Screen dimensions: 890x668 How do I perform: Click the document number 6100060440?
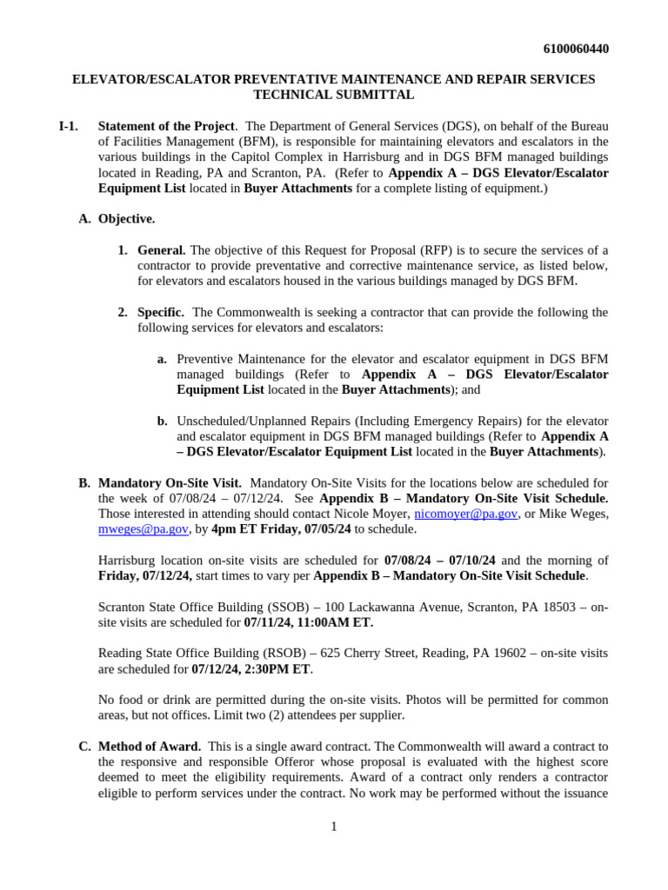(575, 49)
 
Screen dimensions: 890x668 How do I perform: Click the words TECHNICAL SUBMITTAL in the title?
(333, 95)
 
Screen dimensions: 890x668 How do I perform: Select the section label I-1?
(68, 126)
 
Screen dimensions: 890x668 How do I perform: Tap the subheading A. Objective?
(117, 219)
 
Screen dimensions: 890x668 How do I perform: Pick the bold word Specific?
(161, 312)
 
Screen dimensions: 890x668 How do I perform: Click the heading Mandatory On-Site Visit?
(170, 482)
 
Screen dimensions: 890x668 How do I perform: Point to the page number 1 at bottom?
(333, 826)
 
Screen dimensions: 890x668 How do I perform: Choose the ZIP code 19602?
(481, 653)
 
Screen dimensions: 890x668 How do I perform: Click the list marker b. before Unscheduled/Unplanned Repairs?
(162, 421)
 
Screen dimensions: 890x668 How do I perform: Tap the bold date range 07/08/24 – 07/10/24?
(440, 560)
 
